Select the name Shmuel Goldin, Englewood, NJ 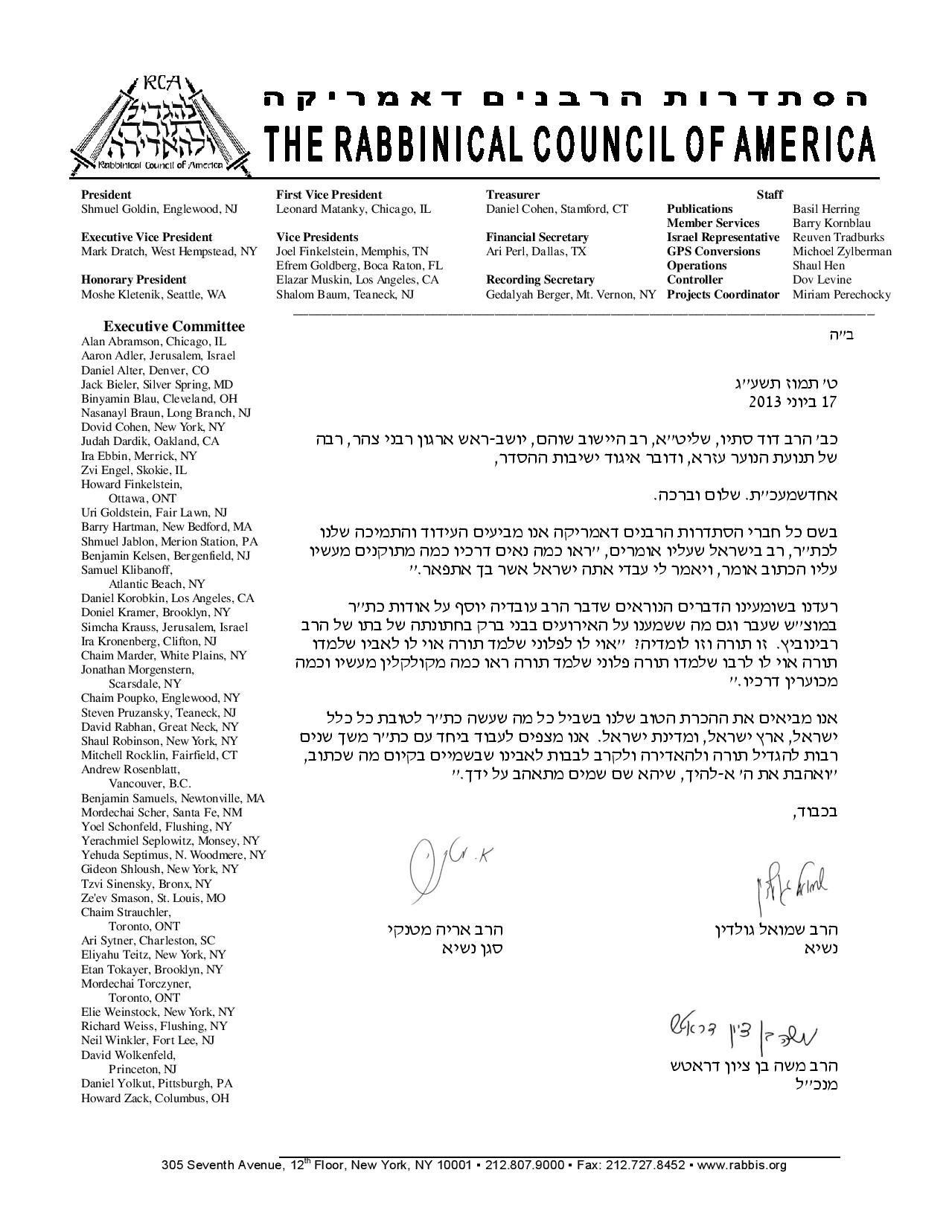[159, 209]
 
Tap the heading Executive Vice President [147, 237]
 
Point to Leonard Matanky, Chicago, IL [353, 209]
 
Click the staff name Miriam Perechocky [841, 295]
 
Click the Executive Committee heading [173, 326]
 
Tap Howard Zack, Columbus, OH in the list [155, 1098]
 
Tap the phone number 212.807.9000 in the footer [524, 1165]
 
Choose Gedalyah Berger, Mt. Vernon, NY [571, 295]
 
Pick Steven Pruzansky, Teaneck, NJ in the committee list [159, 712]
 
